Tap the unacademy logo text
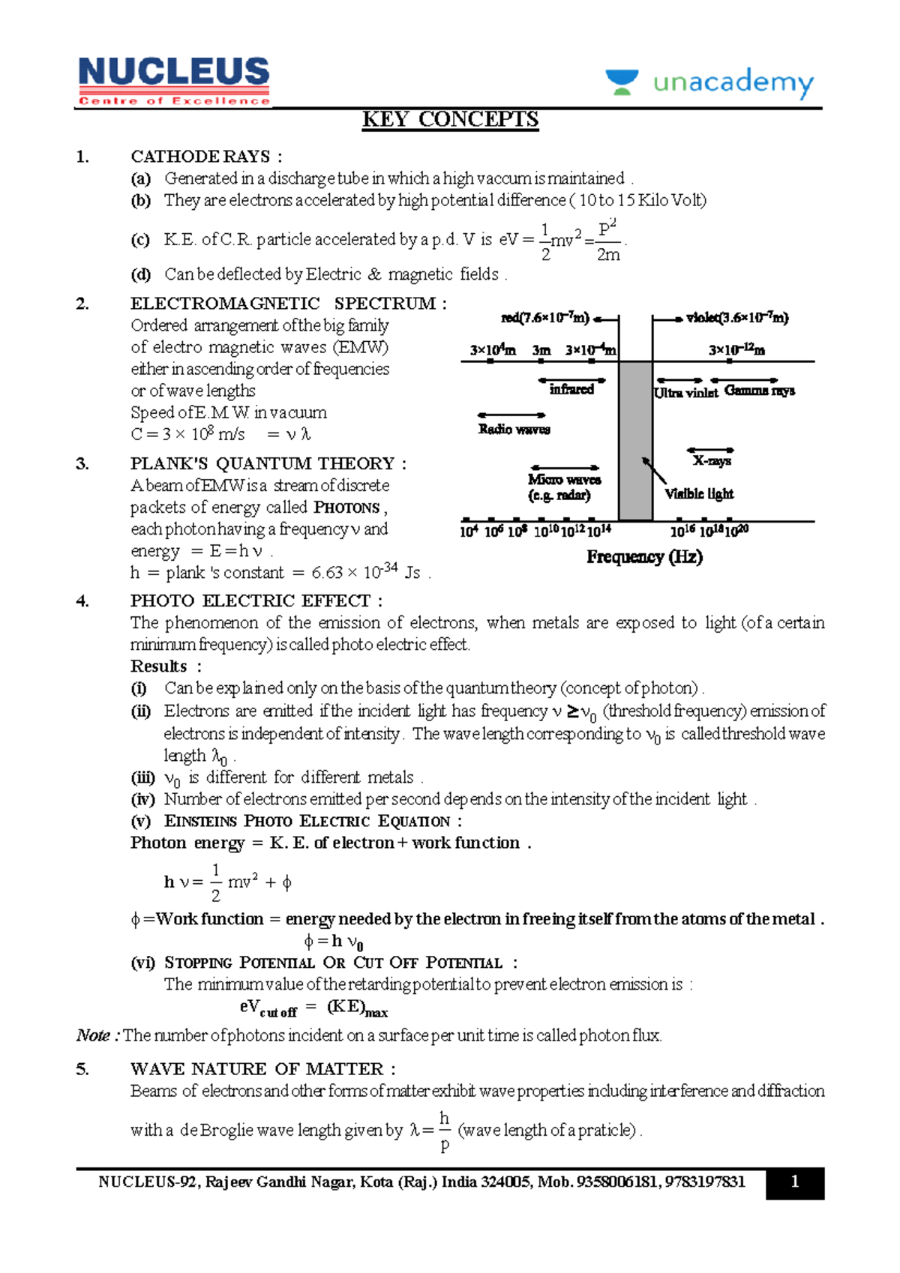(x=732, y=82)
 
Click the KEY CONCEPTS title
(x=450, y=120)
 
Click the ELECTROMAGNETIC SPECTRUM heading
(x=288, y=304)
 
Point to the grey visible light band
(x=635, y=441)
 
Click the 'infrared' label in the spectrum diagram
(x=571, y=389)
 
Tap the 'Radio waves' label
(x=514, y=430)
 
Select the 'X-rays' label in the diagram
(x=712, y=461)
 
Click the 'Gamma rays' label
(x=759, y=391)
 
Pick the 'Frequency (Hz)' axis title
(x=644, y=557)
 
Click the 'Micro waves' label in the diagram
(x=564, y=480)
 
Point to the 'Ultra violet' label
(x=685, y=393)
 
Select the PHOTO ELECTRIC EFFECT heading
(x=256, y=601)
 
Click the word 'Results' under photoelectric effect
(x=159, y=666)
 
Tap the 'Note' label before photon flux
(x=97, y=1035)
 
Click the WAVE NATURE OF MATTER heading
(x=262, y=1069)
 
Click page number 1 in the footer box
(x=795, y=1182)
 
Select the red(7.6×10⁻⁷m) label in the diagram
(x=545, y=318)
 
